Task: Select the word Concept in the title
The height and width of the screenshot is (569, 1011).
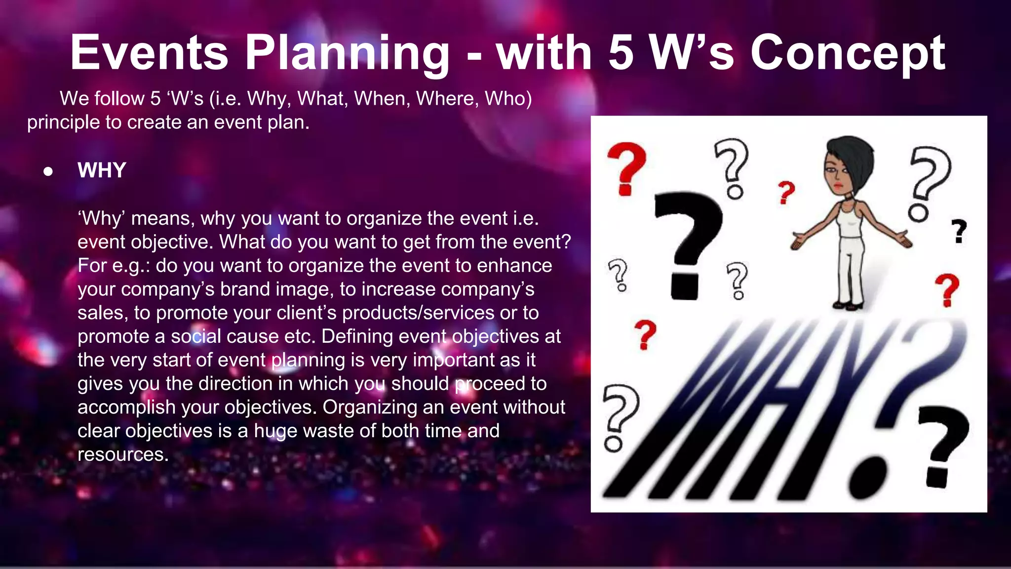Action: coord(847,53)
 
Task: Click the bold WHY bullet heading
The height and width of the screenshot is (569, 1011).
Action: coord(102,170)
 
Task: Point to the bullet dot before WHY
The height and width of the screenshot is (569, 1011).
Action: coord(48,171)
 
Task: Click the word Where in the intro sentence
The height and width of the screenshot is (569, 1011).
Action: coord(447,99)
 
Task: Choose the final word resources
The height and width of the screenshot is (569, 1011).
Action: coord(122,454)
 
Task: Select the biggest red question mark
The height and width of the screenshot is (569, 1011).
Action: coord(626,168)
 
